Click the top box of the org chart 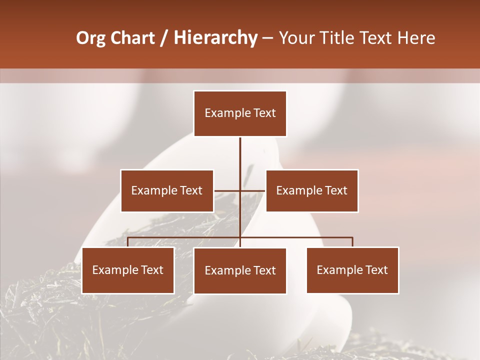[x=240, y=113]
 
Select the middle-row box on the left [x=167, y=190]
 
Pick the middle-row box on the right [x=312, y=190]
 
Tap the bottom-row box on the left [x=128, y=270]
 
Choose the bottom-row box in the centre [x=240, y=271]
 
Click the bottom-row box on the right [x=352, y=270]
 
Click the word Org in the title [x=90, y=38]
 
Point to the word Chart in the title [x=132, y=38]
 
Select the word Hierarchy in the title [x=215, y=38]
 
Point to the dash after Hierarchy [x=267, y=38]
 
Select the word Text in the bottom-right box [x=376, y=270]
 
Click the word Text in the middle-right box [x=336, y=190]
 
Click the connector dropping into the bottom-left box [x=128, y=242]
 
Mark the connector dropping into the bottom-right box [x=352, y=242]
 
